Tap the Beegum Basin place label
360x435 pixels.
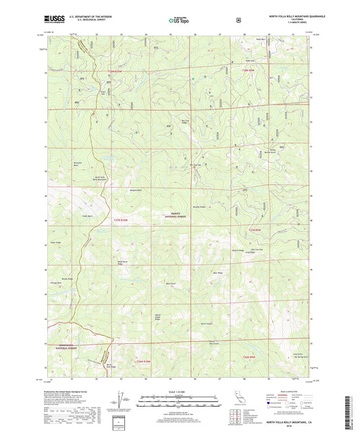pos(138,190)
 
